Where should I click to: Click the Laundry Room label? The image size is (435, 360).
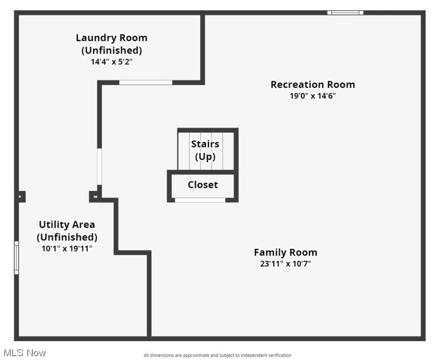pyautogui.click(x=112, y=38)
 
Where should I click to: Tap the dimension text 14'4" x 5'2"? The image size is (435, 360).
pyautogui.click(x=112, y=61)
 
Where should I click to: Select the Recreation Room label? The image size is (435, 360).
pyautogui.click(x=313, y=85)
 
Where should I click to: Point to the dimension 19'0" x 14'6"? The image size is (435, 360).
pyautogui.click(x=313, y=96)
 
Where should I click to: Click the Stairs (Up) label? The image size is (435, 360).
pyautogui.click(x=205, y=150)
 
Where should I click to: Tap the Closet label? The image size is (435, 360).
pyautogui.click(x=203, y=185)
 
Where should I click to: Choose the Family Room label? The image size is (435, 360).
pyautogui.click(x=285, y=252)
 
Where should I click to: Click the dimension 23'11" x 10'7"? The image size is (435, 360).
pyautogui.click(x=285, y=263)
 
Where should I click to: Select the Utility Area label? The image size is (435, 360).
pyautogui.click(x=67, y=225)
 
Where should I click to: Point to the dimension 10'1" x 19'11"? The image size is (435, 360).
pyautogui.click(x=67, y=248)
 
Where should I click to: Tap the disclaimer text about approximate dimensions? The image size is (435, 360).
pyautogui.click(x=217, y=355)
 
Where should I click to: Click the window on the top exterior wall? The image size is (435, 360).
pyautogui.click(x=345, y=13)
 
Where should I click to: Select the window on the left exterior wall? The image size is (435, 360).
pyautogui.click(x=16, y=257)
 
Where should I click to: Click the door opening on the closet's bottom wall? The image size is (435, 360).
pyautogui.click(x=200, y=200)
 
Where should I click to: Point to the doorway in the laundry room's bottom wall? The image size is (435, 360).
pyautogui.click(x=145, y=82)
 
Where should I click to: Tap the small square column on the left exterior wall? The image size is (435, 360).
pyautogui.click(x=21, y=197)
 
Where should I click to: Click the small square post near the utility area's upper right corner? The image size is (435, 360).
pyautogui.click(x=95, y=196)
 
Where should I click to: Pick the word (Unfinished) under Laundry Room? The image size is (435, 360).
pyautogui.click(x=112, y=50)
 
